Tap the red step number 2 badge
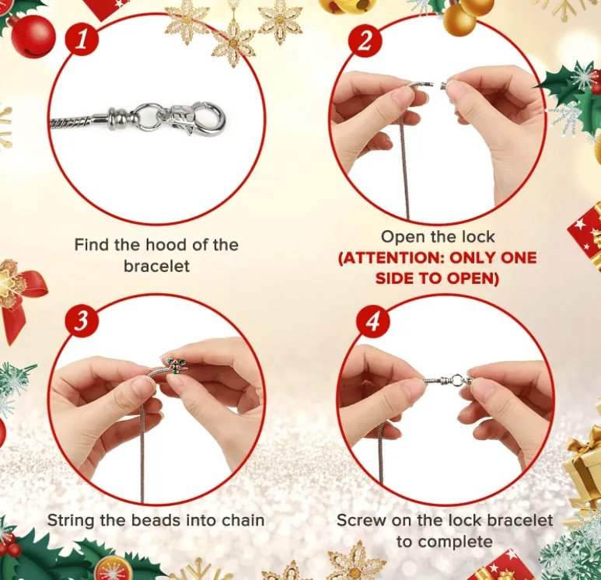click(364, 41)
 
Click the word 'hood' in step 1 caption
click(161, 245)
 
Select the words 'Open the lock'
click(438, 236)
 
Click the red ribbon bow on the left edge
click(23, 295)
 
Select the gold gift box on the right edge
click(585, 466)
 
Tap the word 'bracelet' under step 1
click(155, 266)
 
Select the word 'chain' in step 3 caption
click(242, 520)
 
